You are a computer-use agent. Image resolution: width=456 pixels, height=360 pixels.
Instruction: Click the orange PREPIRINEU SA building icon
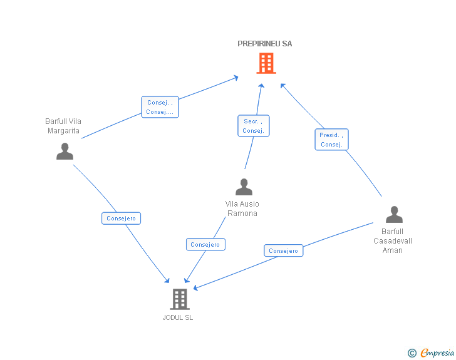pyautogui.click(x=266, y=63)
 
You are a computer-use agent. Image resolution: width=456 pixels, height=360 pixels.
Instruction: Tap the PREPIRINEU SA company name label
pyautogui.click(x=264, y=44)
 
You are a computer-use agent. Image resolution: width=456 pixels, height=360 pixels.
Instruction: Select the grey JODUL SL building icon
pyautogui.click(x=180, y=299)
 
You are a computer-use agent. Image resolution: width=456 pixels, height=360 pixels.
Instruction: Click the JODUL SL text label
pyautogui.click(x=178, y=317)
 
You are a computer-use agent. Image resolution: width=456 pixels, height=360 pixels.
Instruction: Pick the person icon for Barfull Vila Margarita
pyautogui.click(x=65, y=152)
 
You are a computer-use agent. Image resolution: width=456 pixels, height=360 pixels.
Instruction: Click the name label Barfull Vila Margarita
pyautogui.click(x=63, y=126)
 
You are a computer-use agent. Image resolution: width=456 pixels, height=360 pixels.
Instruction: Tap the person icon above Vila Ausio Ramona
pyautogui.click(x=244, y=187)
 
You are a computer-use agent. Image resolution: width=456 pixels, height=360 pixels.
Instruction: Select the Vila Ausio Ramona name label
pyautogui.click(x=242, y=208)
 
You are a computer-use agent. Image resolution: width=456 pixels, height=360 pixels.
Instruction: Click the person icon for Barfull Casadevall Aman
pyautogui.click(x=394, y=215)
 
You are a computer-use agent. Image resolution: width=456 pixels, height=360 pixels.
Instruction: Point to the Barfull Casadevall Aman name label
pyautogui.click(x=393, y=240)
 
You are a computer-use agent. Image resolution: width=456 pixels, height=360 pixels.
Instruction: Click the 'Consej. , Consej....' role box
pyautogui.click(x=160, y=107)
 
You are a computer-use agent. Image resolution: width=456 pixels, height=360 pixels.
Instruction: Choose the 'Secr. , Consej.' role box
pyautogui.click(x=253, y=126)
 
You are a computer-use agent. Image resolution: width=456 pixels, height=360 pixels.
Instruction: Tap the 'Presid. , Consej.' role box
pyautogui.click(x=331, y=140)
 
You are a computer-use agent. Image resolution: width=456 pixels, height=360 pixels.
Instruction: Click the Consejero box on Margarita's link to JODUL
pyautogui.click(x=121, y=219)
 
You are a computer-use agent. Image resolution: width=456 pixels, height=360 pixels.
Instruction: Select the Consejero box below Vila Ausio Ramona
pyautogui.click(x=205, y=245)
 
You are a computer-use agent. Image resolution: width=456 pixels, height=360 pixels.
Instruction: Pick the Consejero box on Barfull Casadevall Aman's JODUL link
pyautogui.click(x=283, y=251)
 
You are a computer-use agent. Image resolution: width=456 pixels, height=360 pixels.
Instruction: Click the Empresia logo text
pyautogui.click(x=437, y=352)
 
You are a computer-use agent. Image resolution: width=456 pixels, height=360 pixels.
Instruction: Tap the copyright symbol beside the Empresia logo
pyautogui.click(x=412, y=353)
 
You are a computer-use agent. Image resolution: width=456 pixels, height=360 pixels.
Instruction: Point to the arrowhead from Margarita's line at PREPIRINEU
pyautogui.click(x=236, y=78)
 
